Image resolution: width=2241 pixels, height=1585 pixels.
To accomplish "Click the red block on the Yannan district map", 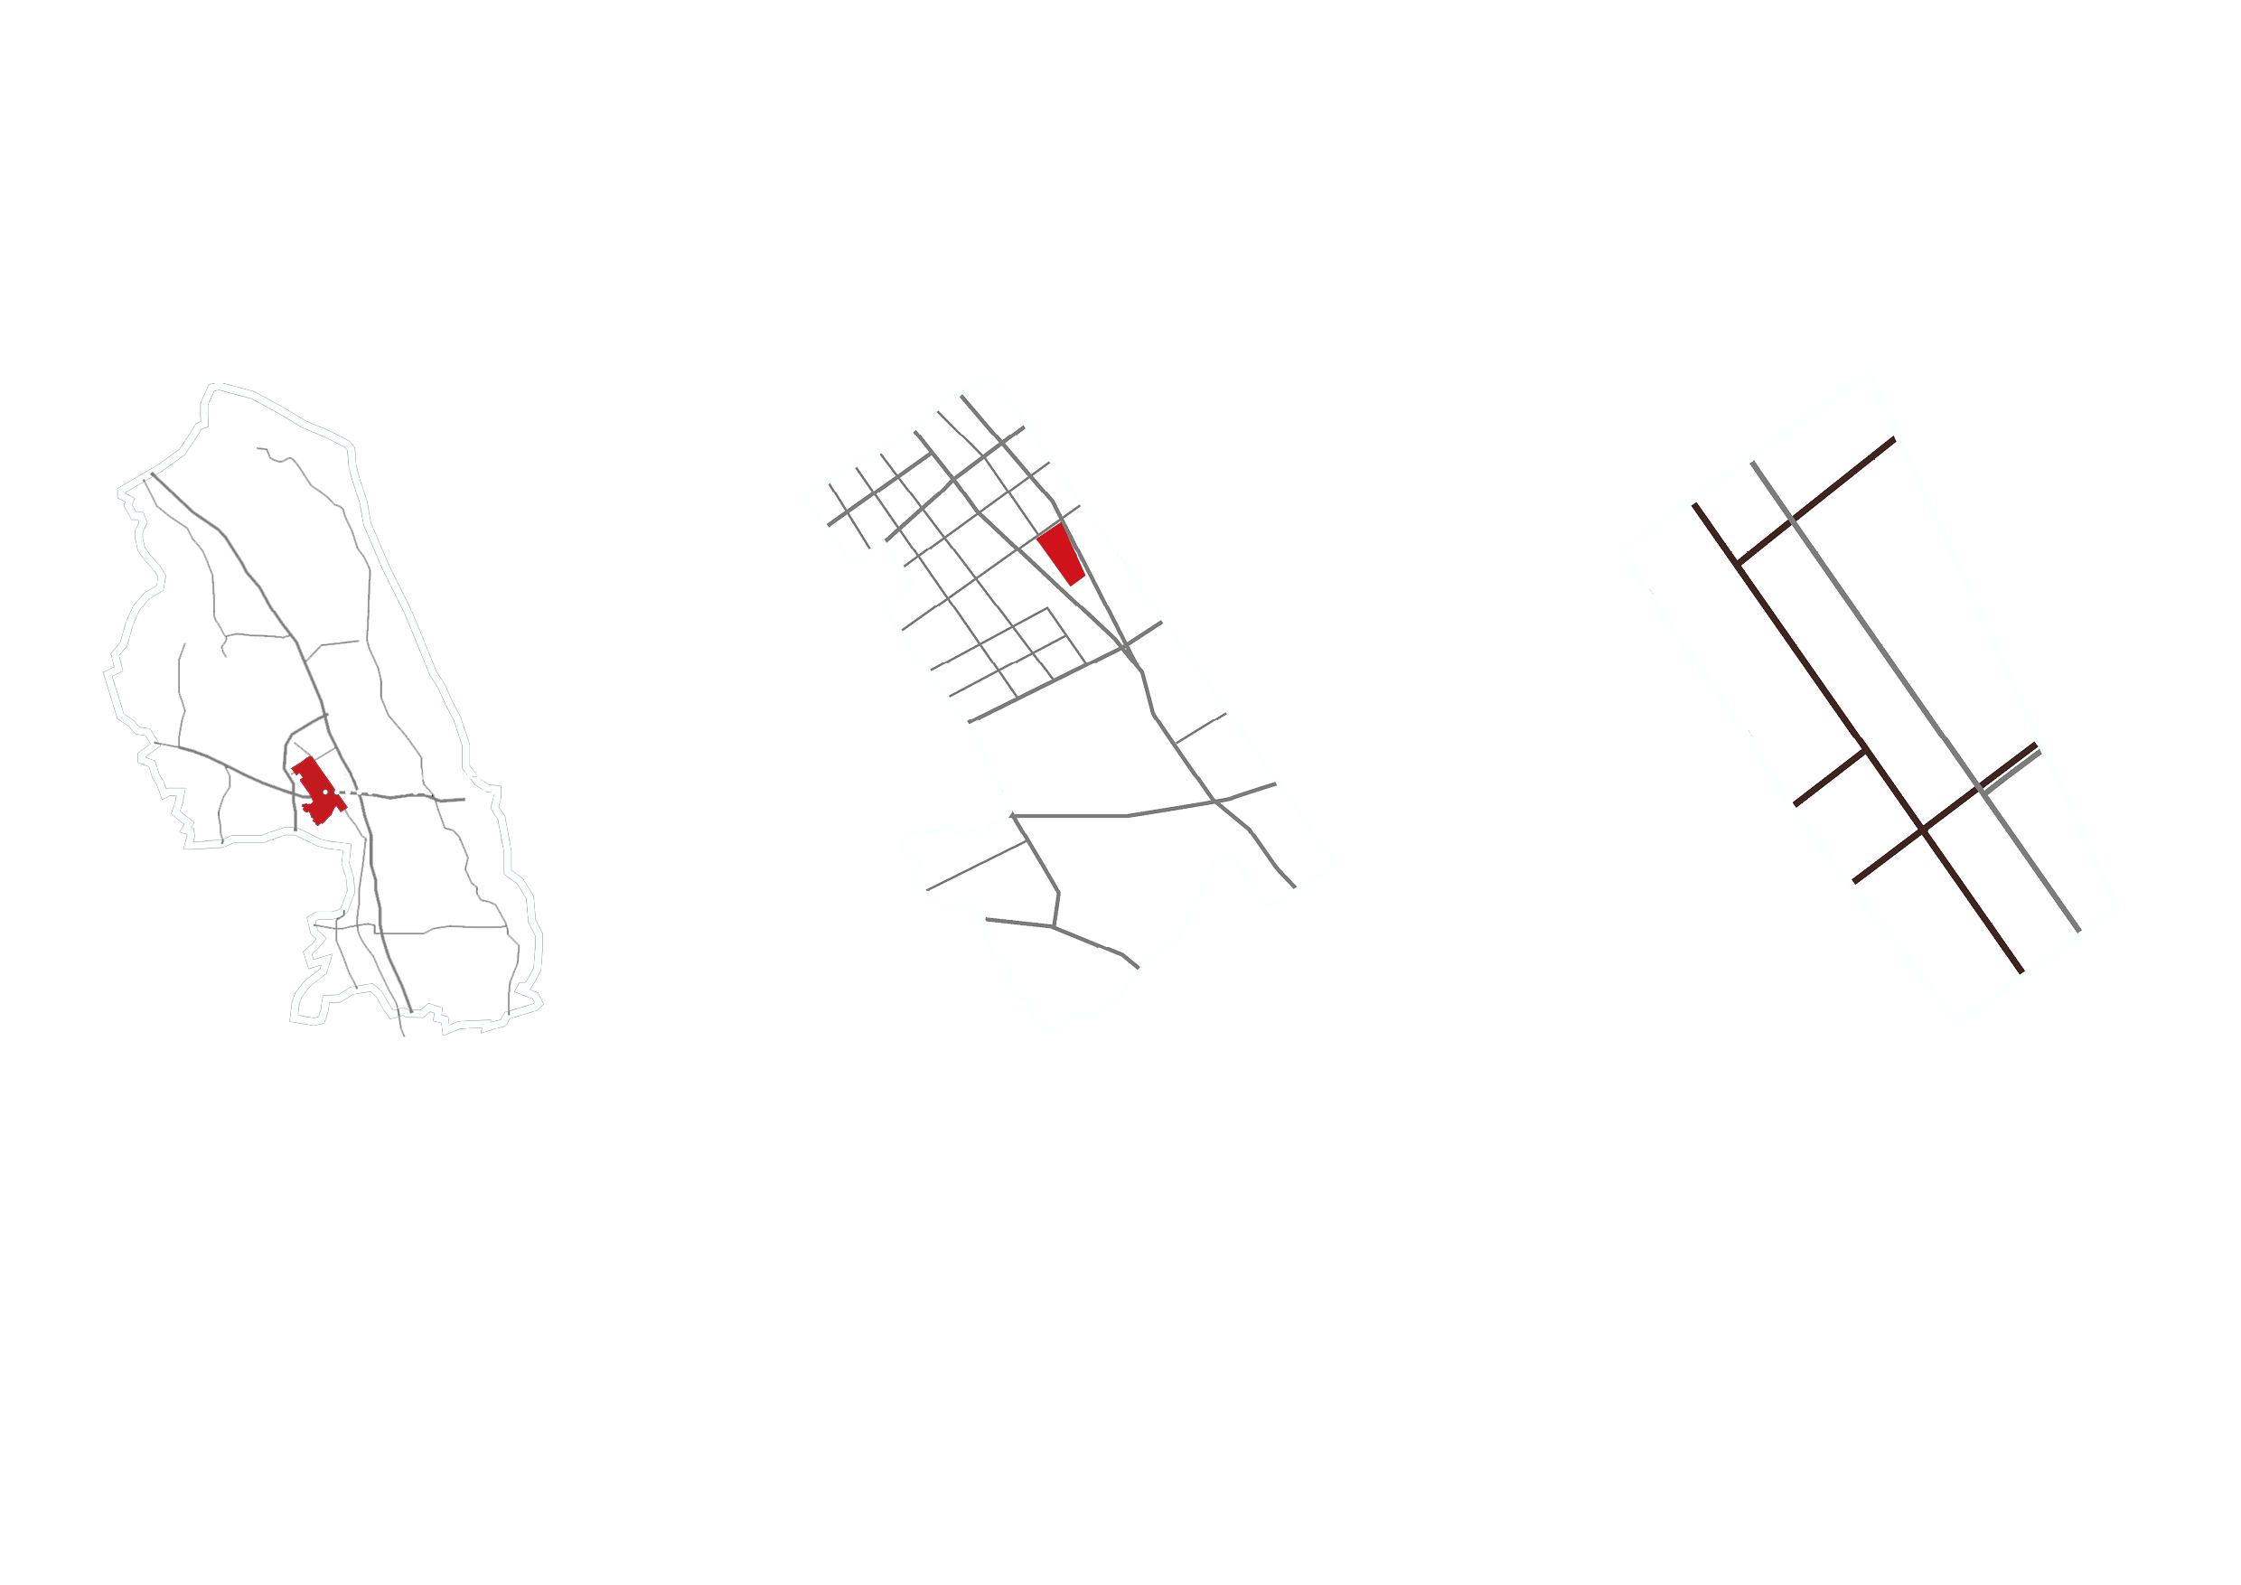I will tap(1062, 553).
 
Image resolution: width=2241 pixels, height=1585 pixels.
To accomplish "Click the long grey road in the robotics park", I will tap(1913, 693).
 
